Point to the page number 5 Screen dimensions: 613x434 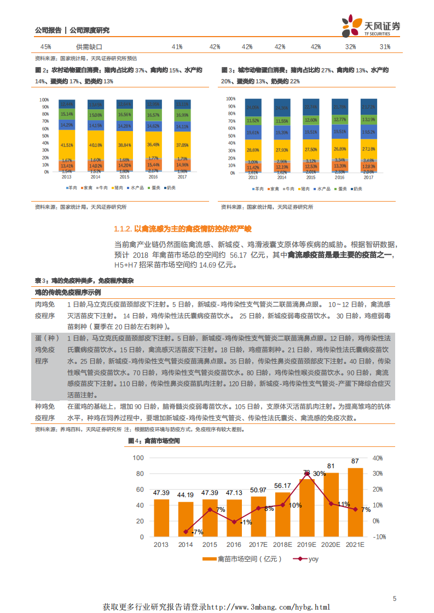[395, 599]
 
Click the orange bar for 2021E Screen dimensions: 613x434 [355, 501]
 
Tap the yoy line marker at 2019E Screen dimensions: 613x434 [307, 474]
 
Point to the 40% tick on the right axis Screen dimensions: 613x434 [377, 458]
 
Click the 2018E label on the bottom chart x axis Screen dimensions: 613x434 [282, 545]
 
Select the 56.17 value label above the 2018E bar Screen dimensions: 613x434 [282, 486]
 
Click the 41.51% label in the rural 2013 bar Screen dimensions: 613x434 [67, 145]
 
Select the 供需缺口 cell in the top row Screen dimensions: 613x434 [89, 47]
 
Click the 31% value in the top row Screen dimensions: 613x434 [385, 47]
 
